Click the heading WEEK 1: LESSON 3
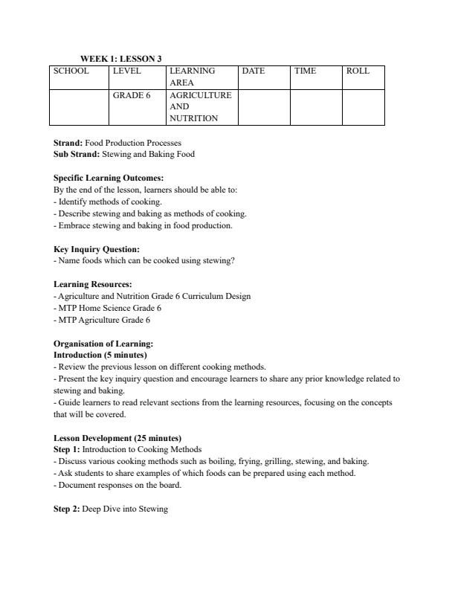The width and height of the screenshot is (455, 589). (x=120, y=59)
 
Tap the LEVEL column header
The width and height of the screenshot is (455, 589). (x=128, y=71)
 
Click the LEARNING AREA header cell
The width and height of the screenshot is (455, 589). (x=192, y=77)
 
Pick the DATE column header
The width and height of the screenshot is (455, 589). (x=254, y=71)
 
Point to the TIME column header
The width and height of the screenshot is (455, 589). (x=305, y=71)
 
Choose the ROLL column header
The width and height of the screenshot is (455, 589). (x=357, y=71)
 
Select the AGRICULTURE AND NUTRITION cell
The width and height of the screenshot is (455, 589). (x=200, y=106)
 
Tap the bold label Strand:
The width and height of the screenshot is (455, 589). (x=68, y=143)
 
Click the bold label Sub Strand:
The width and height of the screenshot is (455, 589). (x=76, y=154)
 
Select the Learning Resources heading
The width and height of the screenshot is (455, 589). (x=93, y=285)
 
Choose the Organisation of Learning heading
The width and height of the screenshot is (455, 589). (x=103, y=344)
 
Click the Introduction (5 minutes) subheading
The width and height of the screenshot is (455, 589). (x=100, y=355)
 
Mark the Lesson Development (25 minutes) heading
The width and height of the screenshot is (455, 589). (x=117, y=438)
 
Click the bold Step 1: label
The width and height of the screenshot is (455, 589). (x=67, y=449)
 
